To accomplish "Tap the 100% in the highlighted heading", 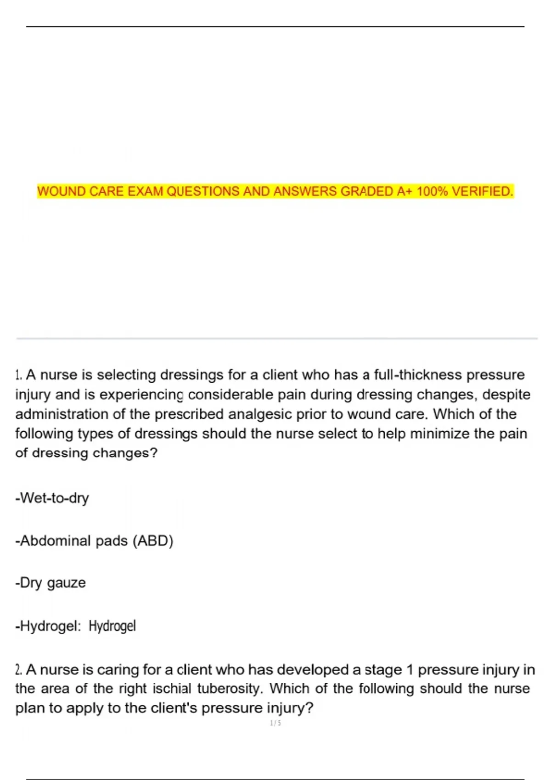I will click(432, 191).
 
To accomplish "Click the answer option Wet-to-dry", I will click(52, 498).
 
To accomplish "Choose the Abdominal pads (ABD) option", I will click(94, 540).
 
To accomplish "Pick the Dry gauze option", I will click(51, 583).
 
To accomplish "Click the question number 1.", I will click(18, 375).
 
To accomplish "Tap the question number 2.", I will click(18, 670).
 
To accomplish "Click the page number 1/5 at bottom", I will click(275, 723).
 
